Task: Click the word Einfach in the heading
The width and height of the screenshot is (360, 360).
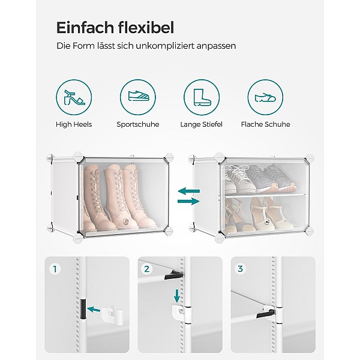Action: coord(85,28)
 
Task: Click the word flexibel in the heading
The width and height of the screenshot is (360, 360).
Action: coord(146,28)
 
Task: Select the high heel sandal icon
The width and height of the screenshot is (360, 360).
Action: coord(74,97)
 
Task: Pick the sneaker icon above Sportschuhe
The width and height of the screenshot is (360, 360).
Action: coord(138,96)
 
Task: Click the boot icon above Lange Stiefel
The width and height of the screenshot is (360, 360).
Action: coord(202,97)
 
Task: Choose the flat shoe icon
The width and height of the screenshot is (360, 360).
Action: coord(265,98)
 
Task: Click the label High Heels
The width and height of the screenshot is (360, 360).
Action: coord(74,124)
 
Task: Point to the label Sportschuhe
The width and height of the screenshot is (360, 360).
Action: coord(138,124)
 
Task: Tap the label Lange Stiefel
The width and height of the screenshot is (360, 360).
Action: coord(202,124)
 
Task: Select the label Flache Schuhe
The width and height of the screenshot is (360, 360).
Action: coord(265,124)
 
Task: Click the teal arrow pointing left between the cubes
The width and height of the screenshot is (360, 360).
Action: coord(189,191)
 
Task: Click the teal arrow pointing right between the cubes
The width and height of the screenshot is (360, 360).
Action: coord(188,202)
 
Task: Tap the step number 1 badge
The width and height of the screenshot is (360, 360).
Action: coord(55,269)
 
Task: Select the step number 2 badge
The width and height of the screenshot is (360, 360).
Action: coord(147,269)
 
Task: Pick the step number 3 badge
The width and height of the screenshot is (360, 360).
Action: coord(240,269)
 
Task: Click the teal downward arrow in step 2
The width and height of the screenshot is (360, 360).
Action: coord(176,296)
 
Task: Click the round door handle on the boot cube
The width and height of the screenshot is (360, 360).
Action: coord(126,221)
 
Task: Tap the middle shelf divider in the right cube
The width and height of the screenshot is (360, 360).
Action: coord(265,195)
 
